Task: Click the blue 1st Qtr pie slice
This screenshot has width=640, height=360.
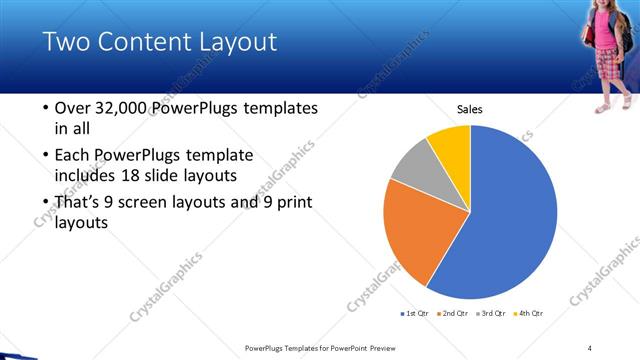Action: click(510, 220)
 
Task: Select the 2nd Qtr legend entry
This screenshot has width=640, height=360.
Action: click(453, 313)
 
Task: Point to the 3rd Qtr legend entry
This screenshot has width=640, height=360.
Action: click(493, 313)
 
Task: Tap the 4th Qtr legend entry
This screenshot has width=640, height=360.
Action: click(530, 313)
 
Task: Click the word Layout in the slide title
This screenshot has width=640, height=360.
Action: click(233, 42)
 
